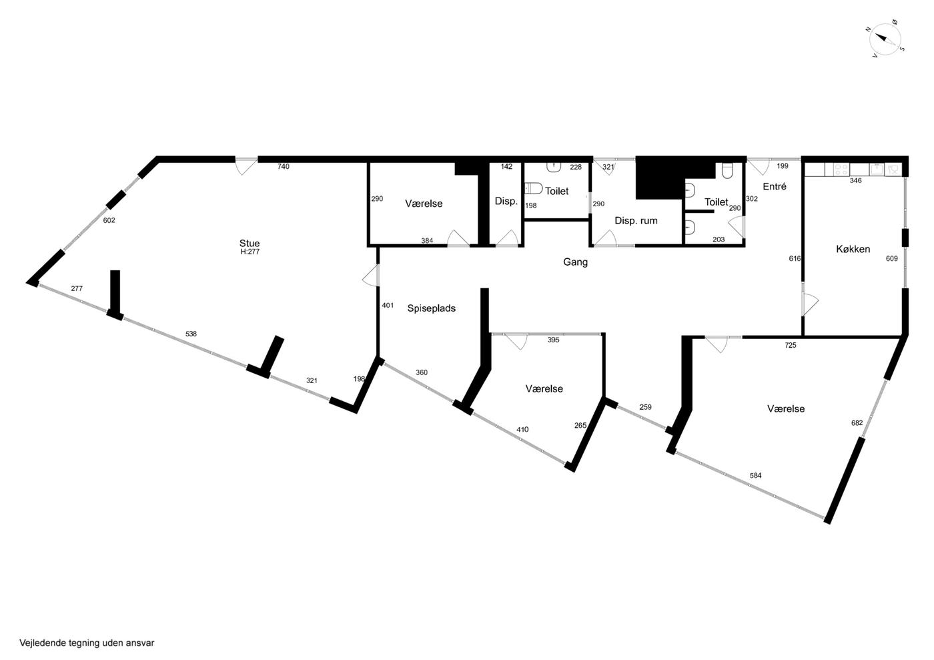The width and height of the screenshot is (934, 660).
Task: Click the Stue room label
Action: pyautogui.click(x=250, y=243)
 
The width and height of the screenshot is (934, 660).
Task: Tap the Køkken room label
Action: pyautogui.click(x=853, y=249)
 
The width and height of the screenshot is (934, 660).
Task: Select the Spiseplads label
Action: pyautogui.click(x=431, y=309)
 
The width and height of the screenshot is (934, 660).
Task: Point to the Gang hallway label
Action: pyautogui.click(x=575, y=262)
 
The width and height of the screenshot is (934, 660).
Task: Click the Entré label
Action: pyautogui.click(x=775, y=186)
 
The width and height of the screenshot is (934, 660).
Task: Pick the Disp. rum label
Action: pyautogui.click(x=636, y=221)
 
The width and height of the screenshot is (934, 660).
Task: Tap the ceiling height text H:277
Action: pyautogui.click(x=250, y=252)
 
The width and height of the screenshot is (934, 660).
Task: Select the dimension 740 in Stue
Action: pyautogui.click(x=283, y=167)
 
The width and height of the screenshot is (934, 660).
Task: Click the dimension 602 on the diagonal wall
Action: pyautogui.click(x=109, y=220)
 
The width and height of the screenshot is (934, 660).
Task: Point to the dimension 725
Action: pyautogui.click(x=790, y=345)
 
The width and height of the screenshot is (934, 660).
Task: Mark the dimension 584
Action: pyautogui.click(x=755, y=475)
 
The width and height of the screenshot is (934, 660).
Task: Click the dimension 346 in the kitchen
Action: pyautogui.click(x=855, y=181)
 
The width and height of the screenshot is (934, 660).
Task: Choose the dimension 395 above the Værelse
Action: pyautogui.click(x=553, y=340)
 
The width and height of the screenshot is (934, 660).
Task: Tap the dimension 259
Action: pyautogui.click(x=645, y=407)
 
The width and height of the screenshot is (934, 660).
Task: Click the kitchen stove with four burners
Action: pyautogui.click(x=841, y=170)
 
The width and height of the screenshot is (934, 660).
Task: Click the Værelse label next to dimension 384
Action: pyautogui.click(x=424, y=204)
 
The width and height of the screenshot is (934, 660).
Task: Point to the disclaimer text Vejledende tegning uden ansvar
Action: pyautogui.click(x=87, y=643)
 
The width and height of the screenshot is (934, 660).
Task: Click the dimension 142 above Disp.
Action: pyautogui.click(x=506, y=167)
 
